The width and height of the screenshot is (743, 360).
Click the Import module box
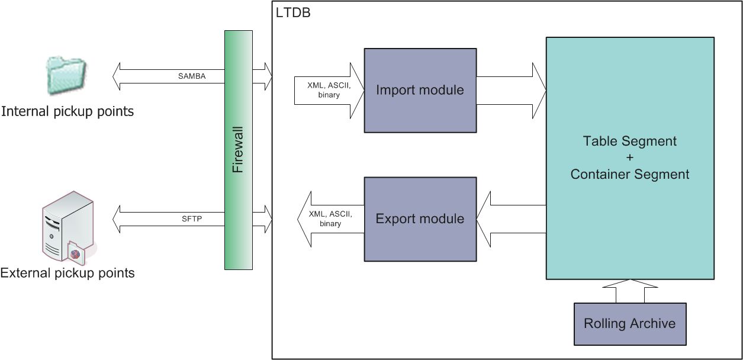[420, 90]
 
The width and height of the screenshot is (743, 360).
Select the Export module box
[420, 218]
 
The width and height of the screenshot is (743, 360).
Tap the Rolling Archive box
[629, 324]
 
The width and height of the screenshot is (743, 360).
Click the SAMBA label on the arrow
[192, 76]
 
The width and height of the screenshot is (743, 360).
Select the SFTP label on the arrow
[192, 218]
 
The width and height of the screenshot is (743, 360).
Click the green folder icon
[66, 76]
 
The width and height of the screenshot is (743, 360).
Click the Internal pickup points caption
[67, 111]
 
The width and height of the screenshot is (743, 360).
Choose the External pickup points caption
[67, 273]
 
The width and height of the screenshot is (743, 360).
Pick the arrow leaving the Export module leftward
[329, 218]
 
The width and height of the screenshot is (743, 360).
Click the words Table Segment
[629, 142]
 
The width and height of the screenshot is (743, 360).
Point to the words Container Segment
[629, 174]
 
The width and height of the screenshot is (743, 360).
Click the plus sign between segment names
[629, 158]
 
